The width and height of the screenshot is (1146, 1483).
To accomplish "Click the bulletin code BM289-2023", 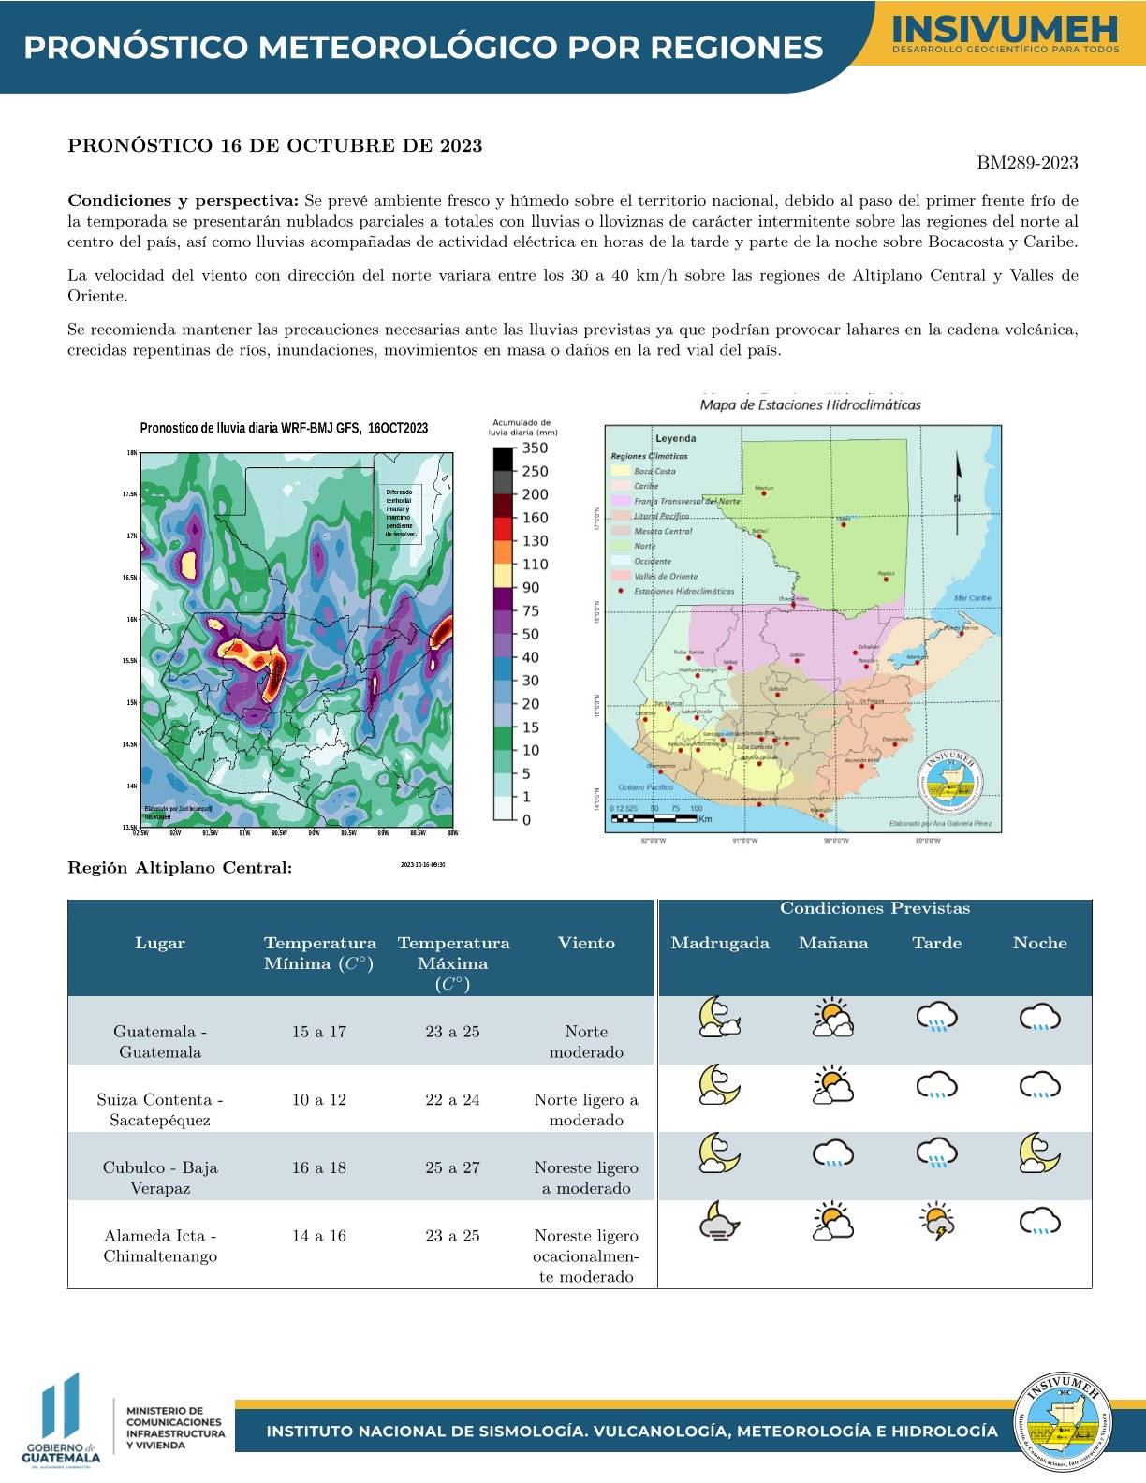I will tap(1027, 163).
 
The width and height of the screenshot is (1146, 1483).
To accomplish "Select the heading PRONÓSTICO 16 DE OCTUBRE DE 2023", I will tap(275, 146).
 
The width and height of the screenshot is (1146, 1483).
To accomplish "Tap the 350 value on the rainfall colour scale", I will tap(535, 448).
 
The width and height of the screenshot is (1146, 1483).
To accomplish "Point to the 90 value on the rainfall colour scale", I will tap(531, 588).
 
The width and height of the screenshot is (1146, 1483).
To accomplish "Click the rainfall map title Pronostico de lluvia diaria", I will tap(284, 428).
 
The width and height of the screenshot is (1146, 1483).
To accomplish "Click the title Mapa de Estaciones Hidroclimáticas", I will tap(810, 404).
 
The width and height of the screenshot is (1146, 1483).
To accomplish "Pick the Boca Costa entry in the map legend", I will tap(654, 471).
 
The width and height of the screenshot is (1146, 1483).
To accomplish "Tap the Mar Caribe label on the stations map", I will tap(972, 598).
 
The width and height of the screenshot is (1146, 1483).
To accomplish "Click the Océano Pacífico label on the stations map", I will tap(645, 787).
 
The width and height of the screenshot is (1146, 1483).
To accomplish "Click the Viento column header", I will tap(586, 943).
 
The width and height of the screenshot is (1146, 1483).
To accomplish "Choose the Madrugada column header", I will tap(720, 943).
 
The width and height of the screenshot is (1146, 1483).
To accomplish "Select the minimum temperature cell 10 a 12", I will tap(318, 1099).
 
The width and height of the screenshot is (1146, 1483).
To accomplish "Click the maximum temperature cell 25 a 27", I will tap(452, 1167).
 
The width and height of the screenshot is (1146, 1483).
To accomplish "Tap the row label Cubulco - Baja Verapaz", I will tap(160, 1178).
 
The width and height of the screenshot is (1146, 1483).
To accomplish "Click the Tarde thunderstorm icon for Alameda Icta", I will tap(937, 1222).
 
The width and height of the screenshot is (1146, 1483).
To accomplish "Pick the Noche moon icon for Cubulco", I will tap(1039, 1153).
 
